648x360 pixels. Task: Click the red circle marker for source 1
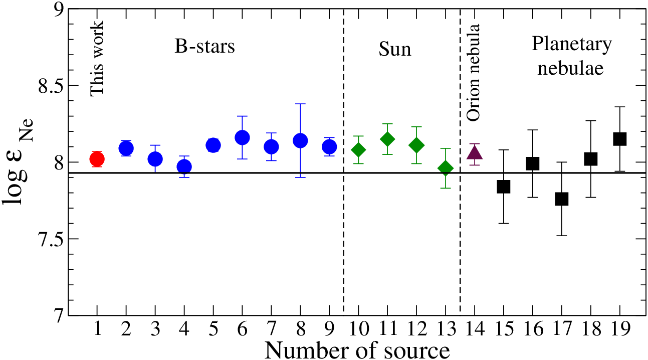pos(97,159)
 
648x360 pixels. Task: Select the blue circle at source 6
pos(242,137)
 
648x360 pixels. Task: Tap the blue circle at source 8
pos(300,141)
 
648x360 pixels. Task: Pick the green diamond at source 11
pos(387,139)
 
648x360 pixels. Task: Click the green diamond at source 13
pos(446,168)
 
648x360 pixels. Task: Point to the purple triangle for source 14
pos(475,152)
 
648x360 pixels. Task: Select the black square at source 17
pos(562,199)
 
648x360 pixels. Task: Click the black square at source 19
pos(620,139)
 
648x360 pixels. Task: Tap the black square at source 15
pos(504,187)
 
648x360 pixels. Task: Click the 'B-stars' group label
pos(205,46)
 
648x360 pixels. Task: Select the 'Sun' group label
pos(395,49)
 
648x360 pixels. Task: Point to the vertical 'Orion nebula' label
pos(474,73)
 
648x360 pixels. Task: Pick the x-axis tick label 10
pos(359,329)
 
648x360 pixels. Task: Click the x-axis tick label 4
pos(184,329)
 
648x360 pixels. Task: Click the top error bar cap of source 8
pos(300,104)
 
